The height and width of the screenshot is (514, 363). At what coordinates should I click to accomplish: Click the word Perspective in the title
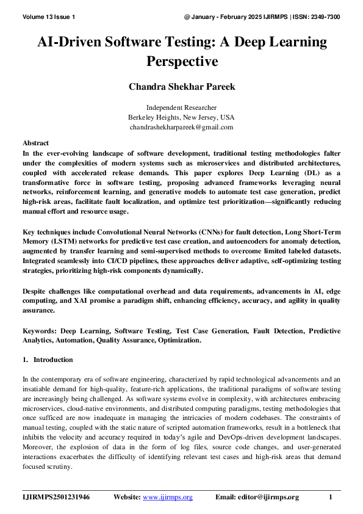(x=181, y=62)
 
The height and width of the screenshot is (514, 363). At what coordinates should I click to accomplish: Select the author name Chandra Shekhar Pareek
(x=181, y=87)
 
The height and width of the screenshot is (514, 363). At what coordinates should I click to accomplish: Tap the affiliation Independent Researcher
(x=181, y=107)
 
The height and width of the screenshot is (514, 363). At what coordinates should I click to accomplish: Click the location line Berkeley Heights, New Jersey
(x=181, y=117)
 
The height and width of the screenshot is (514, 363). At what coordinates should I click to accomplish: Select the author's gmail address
(x=181, y=127)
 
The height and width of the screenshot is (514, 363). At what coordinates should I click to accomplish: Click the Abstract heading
(x=35, y=142)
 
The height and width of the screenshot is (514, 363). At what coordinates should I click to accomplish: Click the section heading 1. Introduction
(x=48, y=360)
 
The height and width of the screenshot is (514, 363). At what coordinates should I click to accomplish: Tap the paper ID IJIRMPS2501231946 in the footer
(x=56, y=497)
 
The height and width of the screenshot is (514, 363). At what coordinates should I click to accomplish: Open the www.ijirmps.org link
(x=167, y=497)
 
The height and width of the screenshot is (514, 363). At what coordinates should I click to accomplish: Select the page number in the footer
(x=331, y=497)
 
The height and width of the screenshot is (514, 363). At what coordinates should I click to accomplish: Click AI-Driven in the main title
(x=68, y=43)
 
